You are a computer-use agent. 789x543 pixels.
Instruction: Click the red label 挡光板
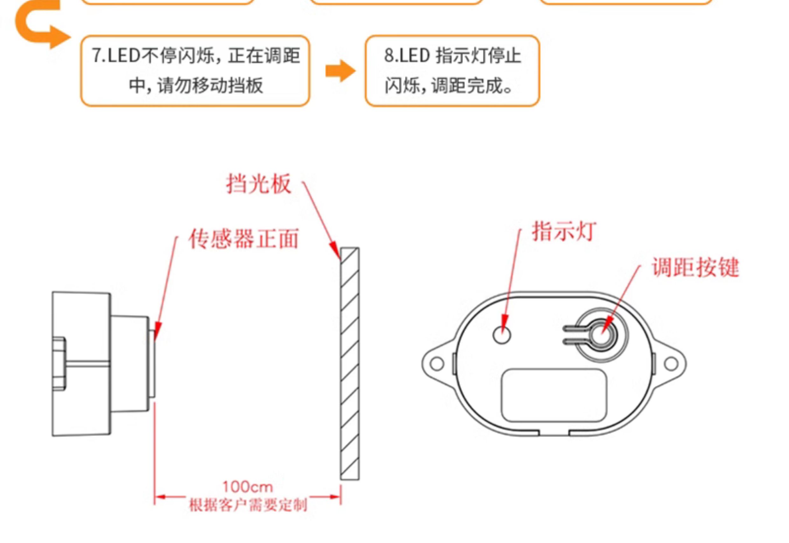tap(259, 184)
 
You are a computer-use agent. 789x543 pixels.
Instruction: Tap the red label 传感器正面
tap(244, 239)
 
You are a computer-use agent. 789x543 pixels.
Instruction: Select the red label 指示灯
tap(564, 232)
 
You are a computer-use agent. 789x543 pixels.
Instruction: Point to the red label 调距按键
tap(696, 267)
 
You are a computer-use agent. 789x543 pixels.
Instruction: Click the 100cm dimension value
tap(248, 487)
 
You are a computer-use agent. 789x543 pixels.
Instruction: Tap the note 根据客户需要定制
tap(248, 505)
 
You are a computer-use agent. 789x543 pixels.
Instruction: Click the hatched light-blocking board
tap(350, 364)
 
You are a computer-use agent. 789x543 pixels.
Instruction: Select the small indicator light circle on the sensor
tap(502, 335)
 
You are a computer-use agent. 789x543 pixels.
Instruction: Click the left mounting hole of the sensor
tap(437, 363)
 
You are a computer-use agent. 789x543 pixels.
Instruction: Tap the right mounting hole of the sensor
tap(671, 364)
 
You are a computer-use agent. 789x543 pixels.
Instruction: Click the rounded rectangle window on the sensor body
tap(554, 396)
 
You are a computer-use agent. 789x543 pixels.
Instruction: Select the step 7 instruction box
tap(195, 71)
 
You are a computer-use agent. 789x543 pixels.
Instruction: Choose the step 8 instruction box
tap(452, 71)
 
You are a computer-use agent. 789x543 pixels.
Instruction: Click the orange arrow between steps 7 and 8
tap(341, 71)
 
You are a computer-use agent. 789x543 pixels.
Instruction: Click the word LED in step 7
tap(123, 56)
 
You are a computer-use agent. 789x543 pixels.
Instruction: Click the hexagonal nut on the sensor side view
tap(59, 364)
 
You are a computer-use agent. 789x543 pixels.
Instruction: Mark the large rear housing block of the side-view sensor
tap(81, 364)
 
